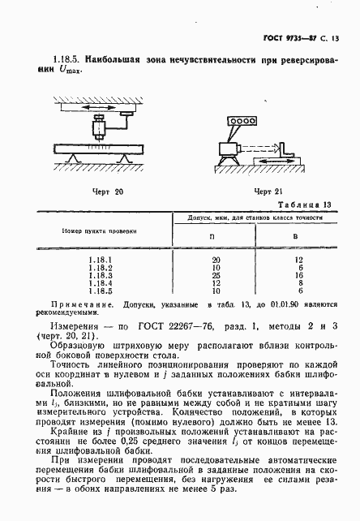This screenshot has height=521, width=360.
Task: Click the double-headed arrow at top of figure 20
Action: click(94, 105)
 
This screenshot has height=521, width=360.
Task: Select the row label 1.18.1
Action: click(99, 259)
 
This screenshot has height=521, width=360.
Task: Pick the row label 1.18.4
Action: click(99, 283)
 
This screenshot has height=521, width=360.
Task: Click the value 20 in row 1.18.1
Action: click(215, 259)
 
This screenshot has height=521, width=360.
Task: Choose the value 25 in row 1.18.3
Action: click(215, 275)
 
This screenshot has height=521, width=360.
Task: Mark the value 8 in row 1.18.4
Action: click(298, 283)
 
